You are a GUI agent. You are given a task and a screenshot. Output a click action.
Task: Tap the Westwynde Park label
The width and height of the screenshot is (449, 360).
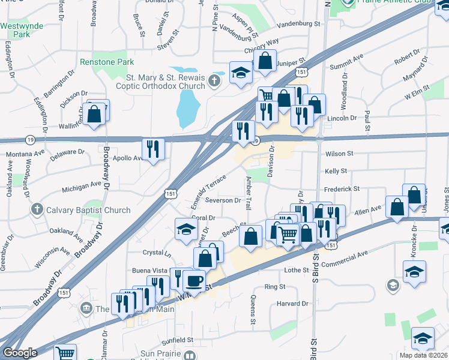tap(16, 30)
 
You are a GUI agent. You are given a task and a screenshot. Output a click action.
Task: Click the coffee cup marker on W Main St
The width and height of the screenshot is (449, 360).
tap(194, 280)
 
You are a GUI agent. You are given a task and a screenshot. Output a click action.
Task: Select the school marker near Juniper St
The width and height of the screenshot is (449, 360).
tap(241, 73)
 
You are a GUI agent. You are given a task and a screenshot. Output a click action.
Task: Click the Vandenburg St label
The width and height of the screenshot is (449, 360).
tap(301, 23)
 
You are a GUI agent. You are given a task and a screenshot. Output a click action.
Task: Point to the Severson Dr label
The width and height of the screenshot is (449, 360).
tap(222, 200)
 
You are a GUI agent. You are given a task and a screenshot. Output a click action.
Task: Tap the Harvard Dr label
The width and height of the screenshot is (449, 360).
tap(292, 304)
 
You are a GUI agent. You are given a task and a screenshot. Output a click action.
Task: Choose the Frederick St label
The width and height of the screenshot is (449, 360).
tap(342, 188)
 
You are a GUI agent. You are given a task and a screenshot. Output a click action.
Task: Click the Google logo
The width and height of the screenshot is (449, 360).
tap(20, 353)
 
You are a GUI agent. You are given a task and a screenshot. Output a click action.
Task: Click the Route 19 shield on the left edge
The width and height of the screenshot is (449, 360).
tap(30, 140)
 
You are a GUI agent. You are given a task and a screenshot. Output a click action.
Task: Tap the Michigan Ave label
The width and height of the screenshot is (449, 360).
tap(82, 187)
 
